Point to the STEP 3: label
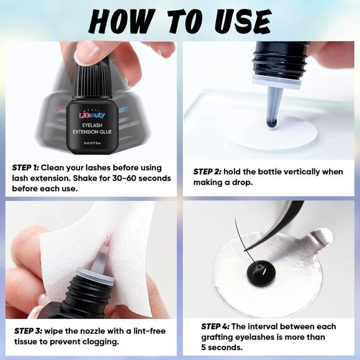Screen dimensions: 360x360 tap(31, 331)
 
